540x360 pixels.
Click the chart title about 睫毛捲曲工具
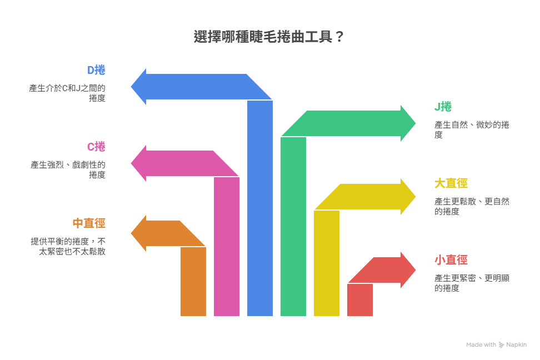(x=269, y=37)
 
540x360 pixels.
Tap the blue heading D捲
(x=96, y=70)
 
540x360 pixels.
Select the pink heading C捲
(x=96, y=147)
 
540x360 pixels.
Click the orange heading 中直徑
(x=89, y=223)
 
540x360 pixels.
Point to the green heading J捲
(x=443, y=107)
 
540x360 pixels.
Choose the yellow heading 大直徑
(x=451, y=183)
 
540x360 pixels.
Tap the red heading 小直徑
(x=451, y=260)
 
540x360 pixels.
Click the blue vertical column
(x=260, y=211)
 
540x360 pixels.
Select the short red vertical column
(x=360, y=300)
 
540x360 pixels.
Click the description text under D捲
(x=68, y=93)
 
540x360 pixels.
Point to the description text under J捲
(x=471, y=129)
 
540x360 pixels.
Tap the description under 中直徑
(x=68, y=246)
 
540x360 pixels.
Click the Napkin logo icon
(x=502, y=344)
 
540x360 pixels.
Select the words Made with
(x=481, y=344)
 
